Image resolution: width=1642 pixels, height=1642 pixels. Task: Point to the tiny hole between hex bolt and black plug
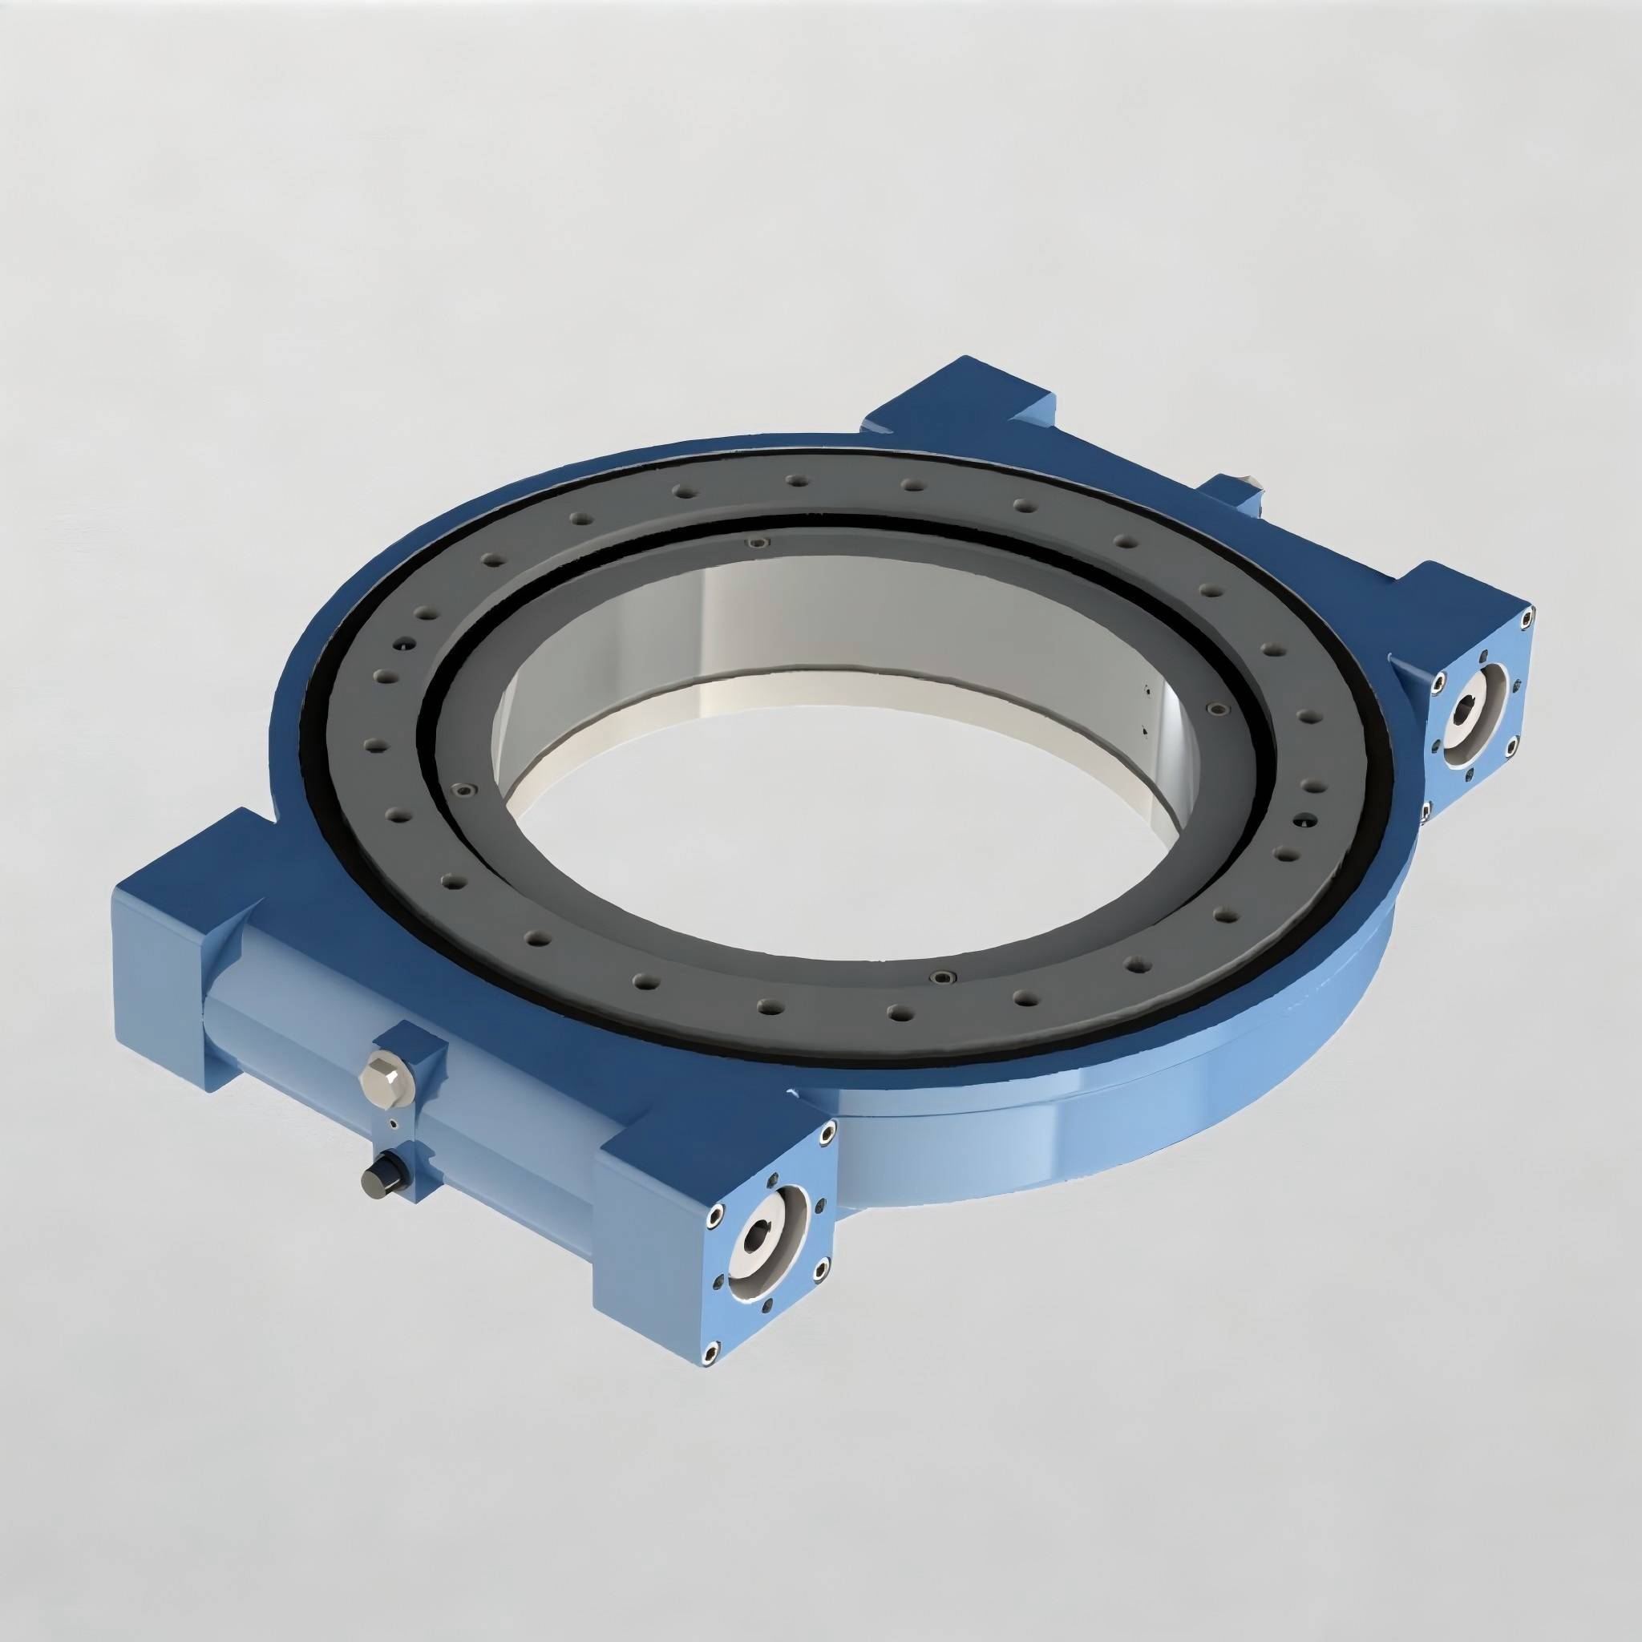click(x=392, y=1123)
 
